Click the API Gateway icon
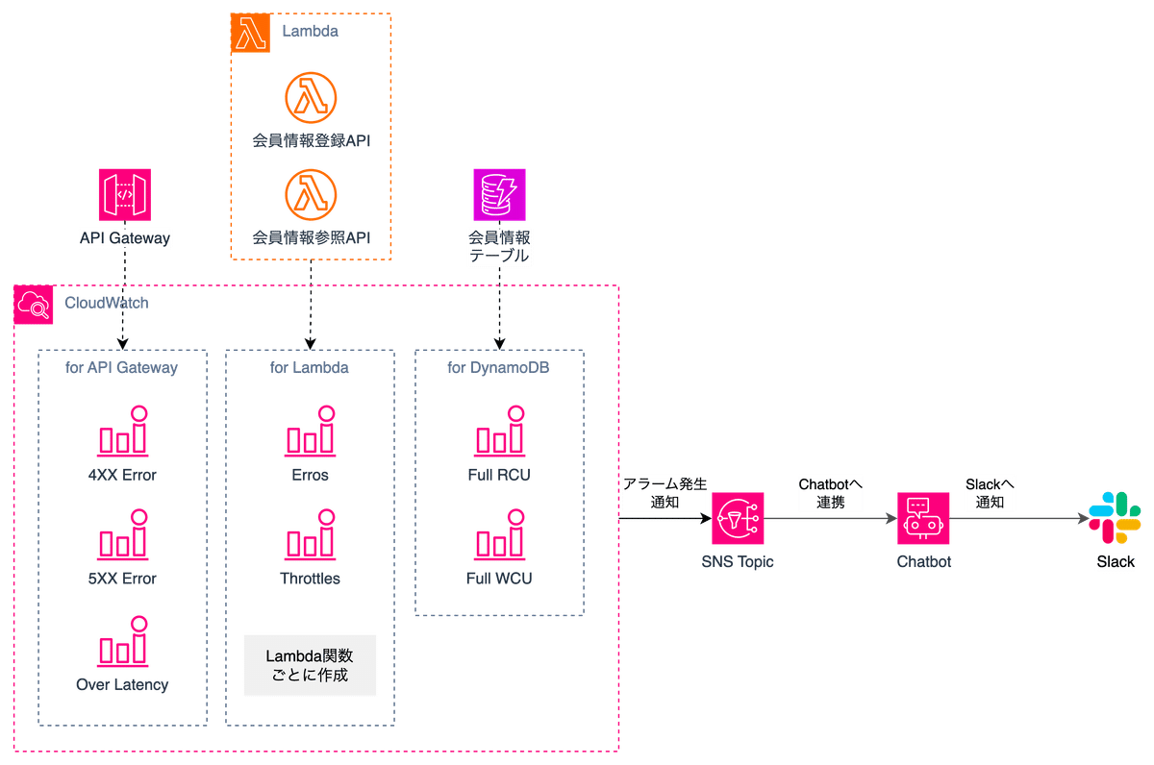click(124, 194)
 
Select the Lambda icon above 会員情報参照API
click(311, 195)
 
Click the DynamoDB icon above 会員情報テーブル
click(499, 194)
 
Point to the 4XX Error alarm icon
click(122, 432)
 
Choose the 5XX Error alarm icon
click(122, 537)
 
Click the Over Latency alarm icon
click(122, 643)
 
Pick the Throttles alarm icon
click(311, 537)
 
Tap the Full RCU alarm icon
click(499, 432)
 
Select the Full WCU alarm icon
click(499, 537)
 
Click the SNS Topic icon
click(738, 519)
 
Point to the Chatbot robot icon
click(923, 519)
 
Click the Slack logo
click(1115, 519)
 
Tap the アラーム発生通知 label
click(665, 493)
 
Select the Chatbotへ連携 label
click(830, 493)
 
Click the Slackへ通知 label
click(990, 493)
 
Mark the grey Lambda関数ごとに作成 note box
click(310, 665)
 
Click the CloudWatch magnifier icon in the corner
click(34, 305)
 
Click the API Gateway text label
click(124, 238)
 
